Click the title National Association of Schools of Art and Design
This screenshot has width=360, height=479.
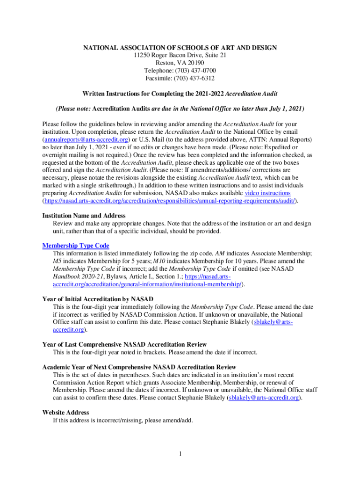click(180, 48)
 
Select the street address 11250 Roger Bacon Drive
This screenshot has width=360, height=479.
click(180, 55)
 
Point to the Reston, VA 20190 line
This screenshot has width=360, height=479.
click(180, 63)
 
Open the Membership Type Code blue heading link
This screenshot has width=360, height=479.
click(76, 246)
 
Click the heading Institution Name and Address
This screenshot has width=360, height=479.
click(84, 216)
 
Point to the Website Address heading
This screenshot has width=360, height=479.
click(65, 412)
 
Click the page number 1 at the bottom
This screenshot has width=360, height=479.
click(180, 453)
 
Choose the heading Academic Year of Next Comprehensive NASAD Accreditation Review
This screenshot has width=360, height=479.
click(139, 367)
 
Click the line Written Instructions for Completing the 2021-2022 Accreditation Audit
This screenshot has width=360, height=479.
click(180, 94)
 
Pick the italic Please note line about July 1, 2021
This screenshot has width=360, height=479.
click(180, 109)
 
